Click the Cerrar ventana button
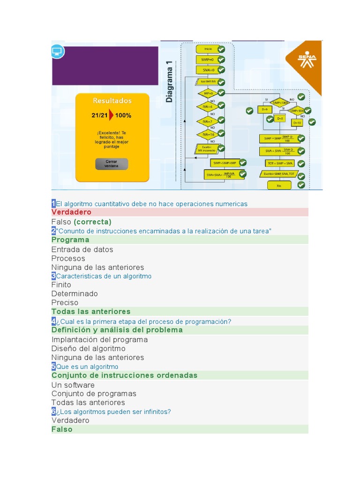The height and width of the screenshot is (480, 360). coord(111,164)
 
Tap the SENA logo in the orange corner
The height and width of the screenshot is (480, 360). coord(307,59)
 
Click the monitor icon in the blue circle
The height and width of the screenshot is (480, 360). coord(57,51)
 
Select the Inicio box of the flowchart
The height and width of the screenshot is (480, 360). coord(208,49)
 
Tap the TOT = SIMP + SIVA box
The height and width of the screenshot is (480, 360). coord(280,164)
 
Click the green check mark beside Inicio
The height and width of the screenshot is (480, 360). coord(221,49)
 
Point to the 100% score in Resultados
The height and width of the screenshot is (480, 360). coord(123,115)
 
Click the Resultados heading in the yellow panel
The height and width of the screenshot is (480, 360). coord(112,101)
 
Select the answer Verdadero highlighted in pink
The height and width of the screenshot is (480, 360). coord(71,212)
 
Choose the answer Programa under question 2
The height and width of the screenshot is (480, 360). coord(70,240)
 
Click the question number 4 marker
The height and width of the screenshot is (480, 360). coord(53,321)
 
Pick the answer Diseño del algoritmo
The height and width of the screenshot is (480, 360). coord(88,348)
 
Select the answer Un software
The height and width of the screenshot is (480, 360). coord(73,385)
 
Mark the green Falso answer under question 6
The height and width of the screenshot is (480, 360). coord(62,429)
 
